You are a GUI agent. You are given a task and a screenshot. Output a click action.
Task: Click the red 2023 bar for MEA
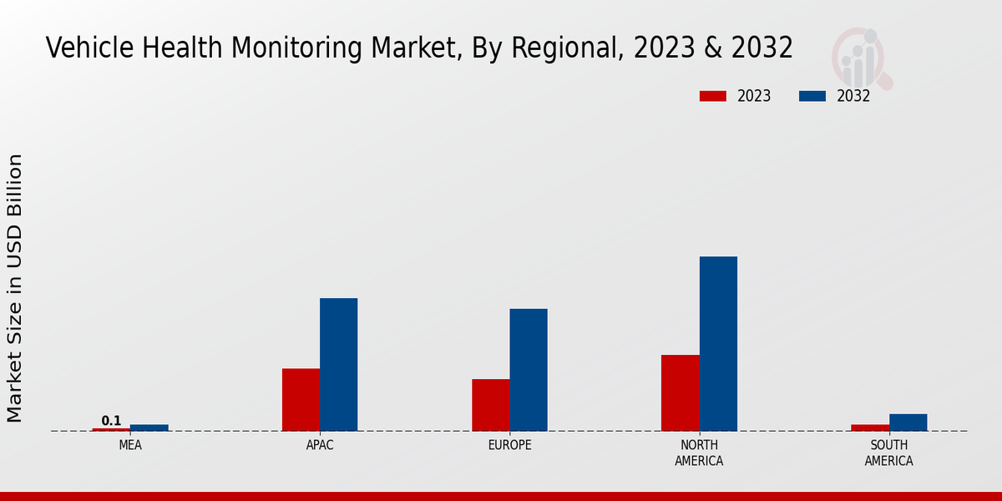click(x=111, y=429)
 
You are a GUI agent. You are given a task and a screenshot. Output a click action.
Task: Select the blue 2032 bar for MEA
click(x=149, y=428)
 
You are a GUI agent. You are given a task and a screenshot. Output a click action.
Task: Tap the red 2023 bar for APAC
click(x=301, y=399)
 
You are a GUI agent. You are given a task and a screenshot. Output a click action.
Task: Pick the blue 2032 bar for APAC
click(x=338, y=364)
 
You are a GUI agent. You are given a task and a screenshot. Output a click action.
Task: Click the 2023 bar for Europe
click(x=490, y=405)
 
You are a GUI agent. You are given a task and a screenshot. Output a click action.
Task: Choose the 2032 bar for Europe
click(x=529, y=369)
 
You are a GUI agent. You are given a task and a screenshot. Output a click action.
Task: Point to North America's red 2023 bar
click(x=680, y=392)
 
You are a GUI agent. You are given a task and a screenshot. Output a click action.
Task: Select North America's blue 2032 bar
click(x=718, y=343)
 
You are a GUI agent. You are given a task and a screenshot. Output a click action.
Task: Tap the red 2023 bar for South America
click(x=870, y=428)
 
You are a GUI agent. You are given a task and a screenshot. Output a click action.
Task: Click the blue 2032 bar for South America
click(x=908, y=423)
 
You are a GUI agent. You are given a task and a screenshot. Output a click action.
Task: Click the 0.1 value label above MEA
click(x=111, y=421)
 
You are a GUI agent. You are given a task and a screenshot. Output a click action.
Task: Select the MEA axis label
click(x=130, y=445)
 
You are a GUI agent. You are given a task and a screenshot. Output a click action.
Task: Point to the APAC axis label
click(x=320, y=445)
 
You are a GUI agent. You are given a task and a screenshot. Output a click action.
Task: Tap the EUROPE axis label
click(x=509, y=445)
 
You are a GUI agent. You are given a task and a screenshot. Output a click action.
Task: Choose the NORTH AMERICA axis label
click(x=699, y=453)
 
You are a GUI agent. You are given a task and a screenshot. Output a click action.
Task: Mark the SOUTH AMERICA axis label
click(x=888, y=453)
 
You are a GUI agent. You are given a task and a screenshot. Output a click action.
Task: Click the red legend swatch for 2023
click(x=712, y=96)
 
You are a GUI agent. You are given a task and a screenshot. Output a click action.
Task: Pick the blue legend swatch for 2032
click(x=812, y=96)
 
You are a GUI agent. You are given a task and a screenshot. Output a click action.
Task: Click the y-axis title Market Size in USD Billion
click(x=15, y=288)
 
